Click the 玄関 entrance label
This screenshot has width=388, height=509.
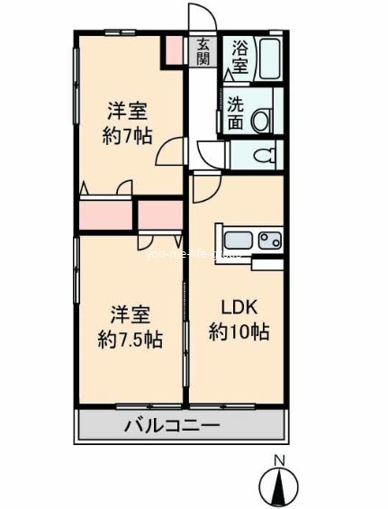(x=203, y=51)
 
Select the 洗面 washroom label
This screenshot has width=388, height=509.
(x=235, y=112)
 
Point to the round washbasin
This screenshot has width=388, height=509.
(x=263, y=119)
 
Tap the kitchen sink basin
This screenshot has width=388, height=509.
(x=239, y=241)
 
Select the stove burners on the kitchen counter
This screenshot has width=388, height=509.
(x=269, y=241)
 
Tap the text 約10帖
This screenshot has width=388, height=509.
(x=239, y=332)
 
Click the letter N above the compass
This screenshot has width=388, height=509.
(x=279, y=462)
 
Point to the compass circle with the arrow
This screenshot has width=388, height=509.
(x=279, y=489)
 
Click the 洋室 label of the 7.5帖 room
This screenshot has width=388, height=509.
(x=130, y=316)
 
